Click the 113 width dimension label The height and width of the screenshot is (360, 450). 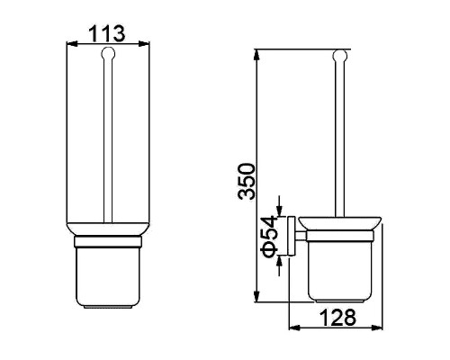pos(107,33)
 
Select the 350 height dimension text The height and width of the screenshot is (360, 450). pos(246,181)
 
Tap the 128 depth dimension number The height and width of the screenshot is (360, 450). pos(337,318)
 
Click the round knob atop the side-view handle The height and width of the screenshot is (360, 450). pos(340,56)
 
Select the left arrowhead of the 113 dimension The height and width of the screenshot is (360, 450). pos(71,44)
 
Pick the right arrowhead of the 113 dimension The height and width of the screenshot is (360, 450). pos(144,44)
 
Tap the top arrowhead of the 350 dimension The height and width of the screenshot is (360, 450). pos(256,55)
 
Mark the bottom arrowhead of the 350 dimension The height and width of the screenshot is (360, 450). pos(256,296)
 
